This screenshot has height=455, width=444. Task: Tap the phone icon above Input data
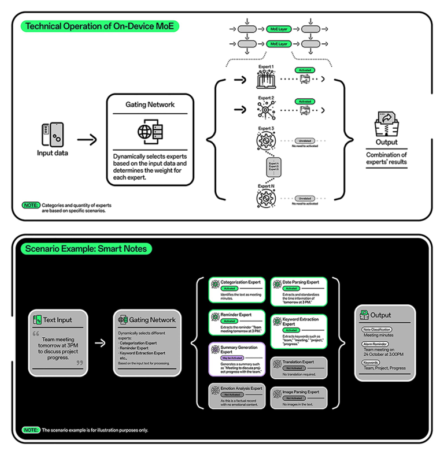pyautogui.click(x=53, y=134)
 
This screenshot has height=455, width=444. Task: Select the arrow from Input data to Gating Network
pyautogui.click(x=87, y=139)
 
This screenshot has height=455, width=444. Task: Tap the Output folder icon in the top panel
pyautogui.click(x=386, y=124)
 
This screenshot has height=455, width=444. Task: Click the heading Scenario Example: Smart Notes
pyautogui.click(x=86, y=249)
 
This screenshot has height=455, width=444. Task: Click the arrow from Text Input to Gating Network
pyautogui.click(x=100, y=342)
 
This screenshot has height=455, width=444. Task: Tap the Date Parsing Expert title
pyautogui.click(x=301, y=282)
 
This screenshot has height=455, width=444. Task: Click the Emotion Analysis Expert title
pyautogui.click(x=240, y=389)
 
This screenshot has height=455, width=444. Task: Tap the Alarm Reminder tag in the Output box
pyautogui.click(x=375, y=344)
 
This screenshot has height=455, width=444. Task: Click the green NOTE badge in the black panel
pyautogui.click(x=30, y=430)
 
